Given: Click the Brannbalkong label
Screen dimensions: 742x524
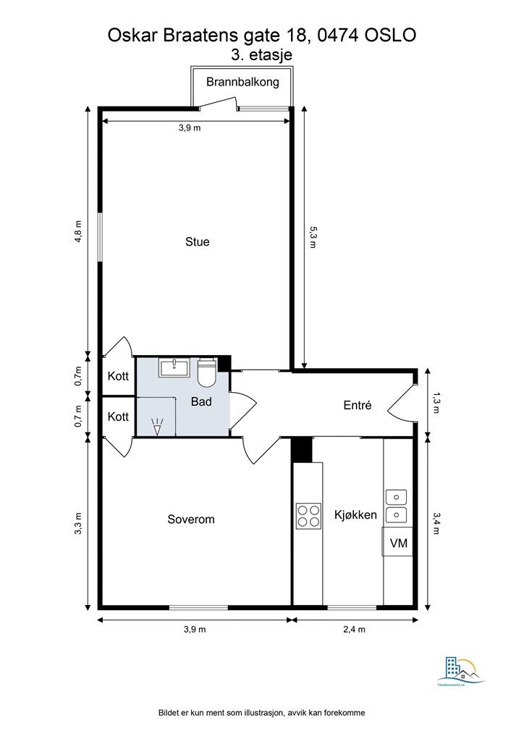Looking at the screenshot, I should [242, 82].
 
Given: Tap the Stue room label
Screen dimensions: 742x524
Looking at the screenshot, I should [197, 242].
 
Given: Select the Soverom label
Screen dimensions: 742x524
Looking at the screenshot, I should [191, 520].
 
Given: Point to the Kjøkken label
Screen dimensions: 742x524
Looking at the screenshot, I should [355, 515].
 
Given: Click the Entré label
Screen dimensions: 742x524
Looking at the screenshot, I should [357, 406].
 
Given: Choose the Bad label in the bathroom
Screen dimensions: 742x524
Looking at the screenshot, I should [201, 401].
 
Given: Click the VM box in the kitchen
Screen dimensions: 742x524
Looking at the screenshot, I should [397, 543].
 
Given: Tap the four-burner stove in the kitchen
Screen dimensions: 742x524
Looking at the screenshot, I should [308, 515].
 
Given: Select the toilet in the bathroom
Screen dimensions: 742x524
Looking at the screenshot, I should [207, 372].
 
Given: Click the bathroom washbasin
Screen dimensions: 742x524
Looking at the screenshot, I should [174, 367].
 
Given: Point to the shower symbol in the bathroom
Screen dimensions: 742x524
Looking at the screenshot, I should [157, 426].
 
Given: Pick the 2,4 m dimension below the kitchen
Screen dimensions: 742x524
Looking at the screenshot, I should [353, 630].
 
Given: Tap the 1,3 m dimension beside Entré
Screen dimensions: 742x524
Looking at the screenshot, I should [435, 403].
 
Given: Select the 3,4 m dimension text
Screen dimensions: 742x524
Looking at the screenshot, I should [435, 522].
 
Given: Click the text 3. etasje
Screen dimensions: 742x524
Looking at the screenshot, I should [261, 54].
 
